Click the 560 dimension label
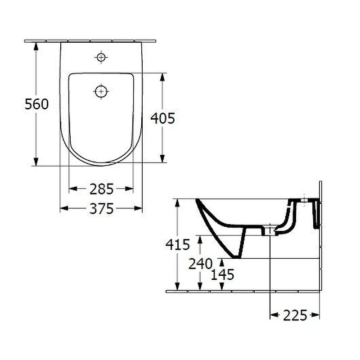(x=37, y=104)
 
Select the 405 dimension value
(x=162, y=118)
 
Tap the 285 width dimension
(x=102, y=189)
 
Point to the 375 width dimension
(x=102, y=208)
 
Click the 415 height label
(x=178, y=244)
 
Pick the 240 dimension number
(x=201, y=264)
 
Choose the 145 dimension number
(x=222, y=274)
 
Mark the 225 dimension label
(x=295, y=315)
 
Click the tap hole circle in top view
(x=101, y=57)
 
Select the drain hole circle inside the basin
(x=101, y=91)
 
